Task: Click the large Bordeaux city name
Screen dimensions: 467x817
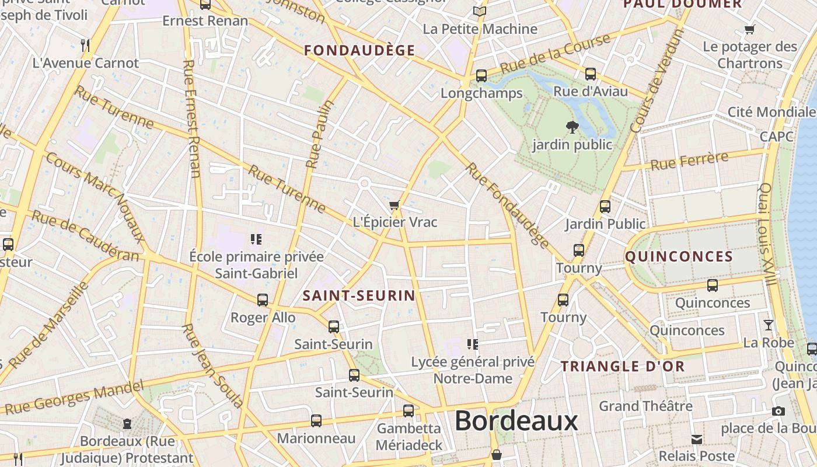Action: tap(516, 420)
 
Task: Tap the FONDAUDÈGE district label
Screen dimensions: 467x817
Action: tap(359, 51)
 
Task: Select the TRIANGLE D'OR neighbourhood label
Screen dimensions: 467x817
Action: tap(623, 367)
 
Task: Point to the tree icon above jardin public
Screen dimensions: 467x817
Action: tap(572, 127)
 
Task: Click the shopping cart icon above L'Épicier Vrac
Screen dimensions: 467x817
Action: tap(394, 205)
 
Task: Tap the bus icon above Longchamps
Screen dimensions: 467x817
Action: tap(481, 76)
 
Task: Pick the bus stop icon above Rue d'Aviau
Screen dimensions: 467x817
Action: tap(591, 74)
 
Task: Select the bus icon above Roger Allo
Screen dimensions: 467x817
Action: tap(263, 300)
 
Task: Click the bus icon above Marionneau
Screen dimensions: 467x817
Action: tap(316, 420)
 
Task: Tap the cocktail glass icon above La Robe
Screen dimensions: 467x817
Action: tap(769, 325)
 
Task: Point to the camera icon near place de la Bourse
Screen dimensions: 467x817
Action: tap(778, 412)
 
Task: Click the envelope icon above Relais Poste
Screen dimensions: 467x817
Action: tap(697, 439)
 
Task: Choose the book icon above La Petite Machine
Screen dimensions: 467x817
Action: tap(480, 11)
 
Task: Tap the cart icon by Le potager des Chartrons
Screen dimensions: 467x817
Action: tap(750, 29)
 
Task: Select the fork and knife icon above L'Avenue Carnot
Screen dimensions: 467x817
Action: tap(85, 45)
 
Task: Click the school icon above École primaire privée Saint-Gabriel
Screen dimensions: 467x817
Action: tap(256, 239)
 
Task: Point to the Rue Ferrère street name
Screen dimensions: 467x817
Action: tap(689, 161)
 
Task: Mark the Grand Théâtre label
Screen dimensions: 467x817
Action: tap(645, 406)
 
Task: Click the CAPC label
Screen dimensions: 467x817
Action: tap(776, 137)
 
